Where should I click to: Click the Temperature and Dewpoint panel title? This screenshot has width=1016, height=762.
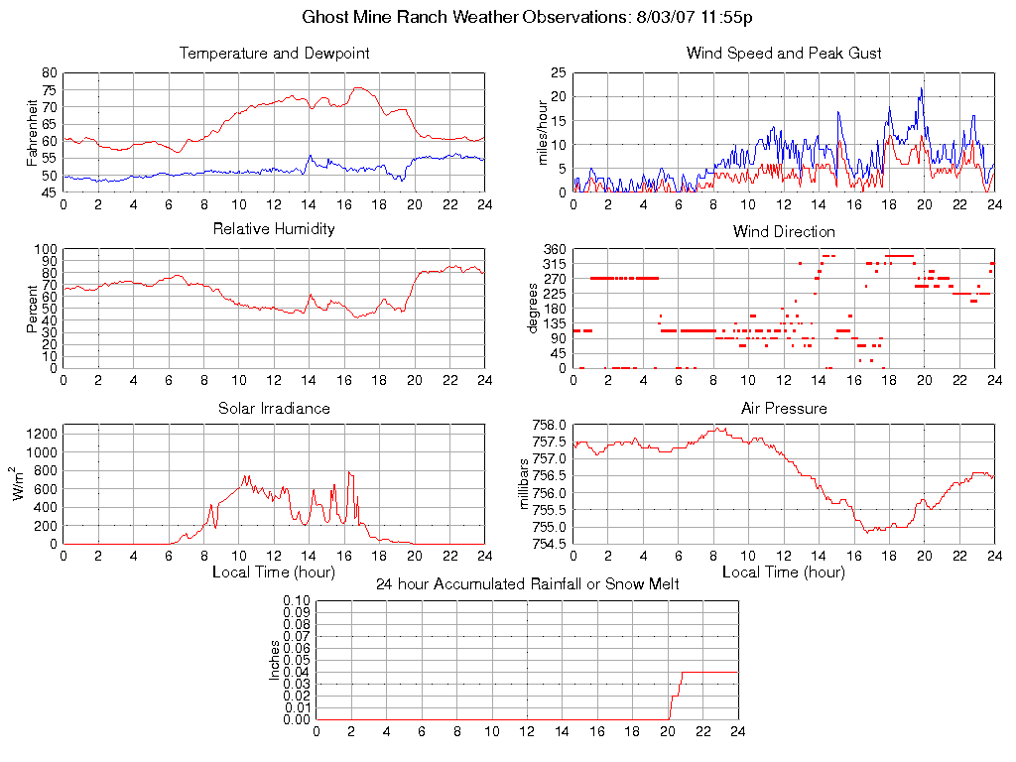(x=274, y=53)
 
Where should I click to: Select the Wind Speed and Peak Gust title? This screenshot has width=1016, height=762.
(x=784, y=53)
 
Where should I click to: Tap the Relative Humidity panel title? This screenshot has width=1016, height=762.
(x=274, y=229)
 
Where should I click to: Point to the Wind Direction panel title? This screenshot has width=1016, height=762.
(x=784, y=231)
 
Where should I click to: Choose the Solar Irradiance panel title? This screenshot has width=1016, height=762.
(x=274, y=408)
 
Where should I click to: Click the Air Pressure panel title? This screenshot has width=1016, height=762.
(x=784, y=408)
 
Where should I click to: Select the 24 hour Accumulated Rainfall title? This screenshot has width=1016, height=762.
(x=527, y=584)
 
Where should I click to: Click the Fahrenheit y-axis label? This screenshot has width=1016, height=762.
(x=33, y=133)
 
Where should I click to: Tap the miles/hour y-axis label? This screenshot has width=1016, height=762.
(x=543, y=133)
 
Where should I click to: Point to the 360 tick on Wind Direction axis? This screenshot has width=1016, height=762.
(x=554, y=249)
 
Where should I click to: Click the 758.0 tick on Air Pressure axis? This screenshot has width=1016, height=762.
(x=547, y=426)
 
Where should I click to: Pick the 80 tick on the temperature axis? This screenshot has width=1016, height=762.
(x=50, y=73)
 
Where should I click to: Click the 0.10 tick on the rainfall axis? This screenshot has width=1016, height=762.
(x=297, y=601)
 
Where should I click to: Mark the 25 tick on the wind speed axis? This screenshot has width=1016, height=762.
(x=559, y=73)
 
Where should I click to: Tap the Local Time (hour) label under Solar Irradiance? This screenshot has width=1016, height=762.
(x=274, y=571)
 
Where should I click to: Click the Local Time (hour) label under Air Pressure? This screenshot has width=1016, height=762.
(x=784, y=571)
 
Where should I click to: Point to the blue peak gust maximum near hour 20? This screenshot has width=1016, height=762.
(x=922, y=88)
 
